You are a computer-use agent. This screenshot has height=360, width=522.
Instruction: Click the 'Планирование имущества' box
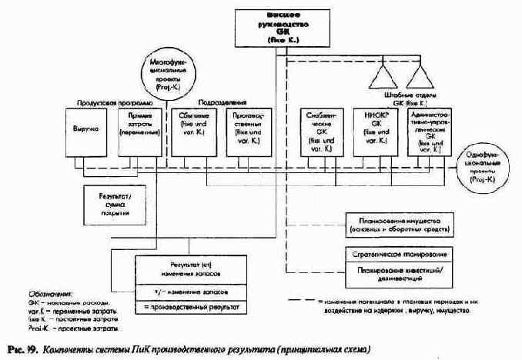coord(400,225)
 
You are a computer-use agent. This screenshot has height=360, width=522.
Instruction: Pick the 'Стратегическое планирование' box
coord(400,253)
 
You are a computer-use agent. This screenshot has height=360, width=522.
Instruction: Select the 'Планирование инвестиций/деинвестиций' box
coord(400,274)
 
